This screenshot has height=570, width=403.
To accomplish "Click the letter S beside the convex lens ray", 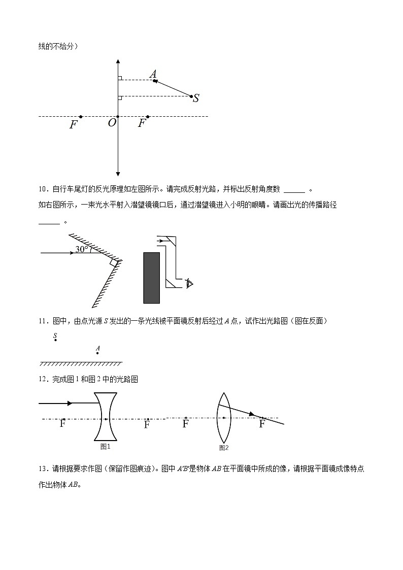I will click(196, 98).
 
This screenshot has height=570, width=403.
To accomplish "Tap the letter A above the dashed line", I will click(153, 74).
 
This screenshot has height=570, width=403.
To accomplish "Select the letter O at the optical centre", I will click(112, 123).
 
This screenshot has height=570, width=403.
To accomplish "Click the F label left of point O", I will click(74, 124).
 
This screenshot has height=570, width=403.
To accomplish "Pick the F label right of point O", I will click(142, 123).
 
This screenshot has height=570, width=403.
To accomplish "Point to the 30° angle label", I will click(81, 249).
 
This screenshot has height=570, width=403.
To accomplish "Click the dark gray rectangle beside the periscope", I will click(152, 277).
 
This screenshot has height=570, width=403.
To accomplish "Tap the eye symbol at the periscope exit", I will click(190, 283).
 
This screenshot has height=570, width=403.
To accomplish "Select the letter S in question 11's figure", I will click(55, 336).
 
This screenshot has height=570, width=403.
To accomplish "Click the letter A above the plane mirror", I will click(97, 348).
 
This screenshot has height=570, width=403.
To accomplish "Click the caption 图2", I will click(224, 448).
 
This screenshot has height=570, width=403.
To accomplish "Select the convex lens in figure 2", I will click(224, 418).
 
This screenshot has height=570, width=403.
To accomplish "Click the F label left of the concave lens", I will click(62, 424).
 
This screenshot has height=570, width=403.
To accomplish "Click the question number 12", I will click(43, 379).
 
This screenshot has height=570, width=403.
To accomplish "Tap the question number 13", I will click(43, 469).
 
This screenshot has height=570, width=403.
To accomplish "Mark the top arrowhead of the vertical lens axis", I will click(118, 62).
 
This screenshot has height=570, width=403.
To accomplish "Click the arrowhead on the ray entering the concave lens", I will click(70, 404).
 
